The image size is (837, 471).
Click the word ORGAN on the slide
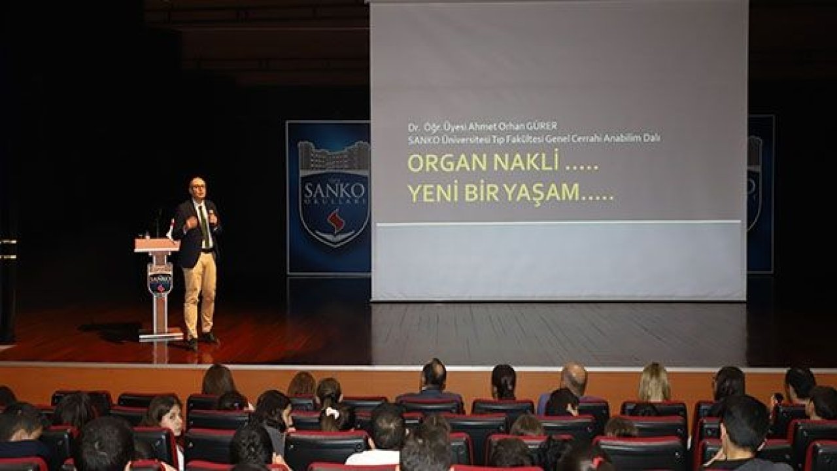[x=447, y=163]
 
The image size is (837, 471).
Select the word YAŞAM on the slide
[x=540, y=192]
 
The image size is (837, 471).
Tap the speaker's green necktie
[x=204, y=226]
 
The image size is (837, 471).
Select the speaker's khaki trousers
[x=199, y=294]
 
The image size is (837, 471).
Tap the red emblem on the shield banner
[x=335, y=222]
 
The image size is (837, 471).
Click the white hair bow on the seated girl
[x=331, y=411]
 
